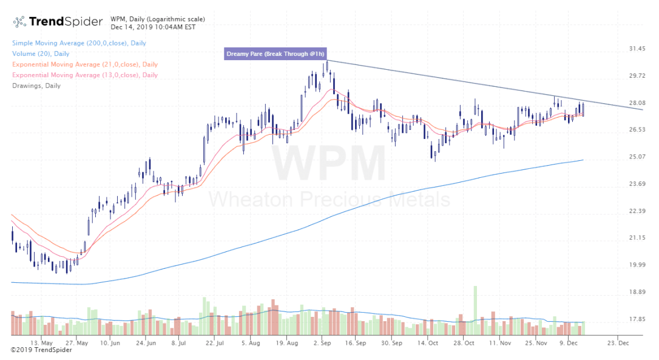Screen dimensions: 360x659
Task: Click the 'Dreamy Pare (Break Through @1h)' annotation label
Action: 275,54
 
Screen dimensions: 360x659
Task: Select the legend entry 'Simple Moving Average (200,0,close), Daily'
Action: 79,43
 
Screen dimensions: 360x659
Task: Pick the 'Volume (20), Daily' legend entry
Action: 41,54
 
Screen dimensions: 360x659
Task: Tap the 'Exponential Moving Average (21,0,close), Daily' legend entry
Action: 84,64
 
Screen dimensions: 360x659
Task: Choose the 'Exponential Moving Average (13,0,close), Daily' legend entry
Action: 84,75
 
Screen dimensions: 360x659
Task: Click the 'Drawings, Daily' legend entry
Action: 36,86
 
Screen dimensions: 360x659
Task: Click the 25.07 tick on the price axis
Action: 636,157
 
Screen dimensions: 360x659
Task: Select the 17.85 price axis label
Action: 636,319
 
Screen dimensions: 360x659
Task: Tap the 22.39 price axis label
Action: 636,211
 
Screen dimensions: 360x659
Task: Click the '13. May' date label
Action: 49,342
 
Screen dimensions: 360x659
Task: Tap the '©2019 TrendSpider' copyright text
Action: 38,350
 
